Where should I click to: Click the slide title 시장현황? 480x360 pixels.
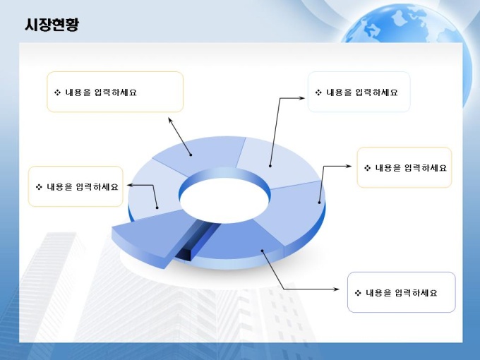pos(52,25)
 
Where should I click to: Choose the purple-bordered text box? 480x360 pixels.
pos(402,292)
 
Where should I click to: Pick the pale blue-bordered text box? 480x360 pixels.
pos(359,92)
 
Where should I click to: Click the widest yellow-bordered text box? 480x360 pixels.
pos(115,92)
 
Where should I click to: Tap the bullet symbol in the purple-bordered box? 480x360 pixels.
pos(358,293)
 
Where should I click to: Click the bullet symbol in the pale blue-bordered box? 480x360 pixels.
pos(318,92)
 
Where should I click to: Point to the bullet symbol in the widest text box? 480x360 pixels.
pos(57,92)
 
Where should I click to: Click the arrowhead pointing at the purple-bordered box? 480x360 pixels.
pos(337,289)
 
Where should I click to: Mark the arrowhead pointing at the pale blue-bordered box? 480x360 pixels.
pos(302,98)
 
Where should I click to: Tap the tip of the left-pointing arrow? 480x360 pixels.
pos(127,185)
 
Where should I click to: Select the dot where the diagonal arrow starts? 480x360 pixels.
pos(191,155)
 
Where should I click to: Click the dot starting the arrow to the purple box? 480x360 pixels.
pos(263,251)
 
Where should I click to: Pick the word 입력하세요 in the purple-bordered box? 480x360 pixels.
pos(416,293)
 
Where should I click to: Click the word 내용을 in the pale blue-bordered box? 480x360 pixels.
pos(340,92)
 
